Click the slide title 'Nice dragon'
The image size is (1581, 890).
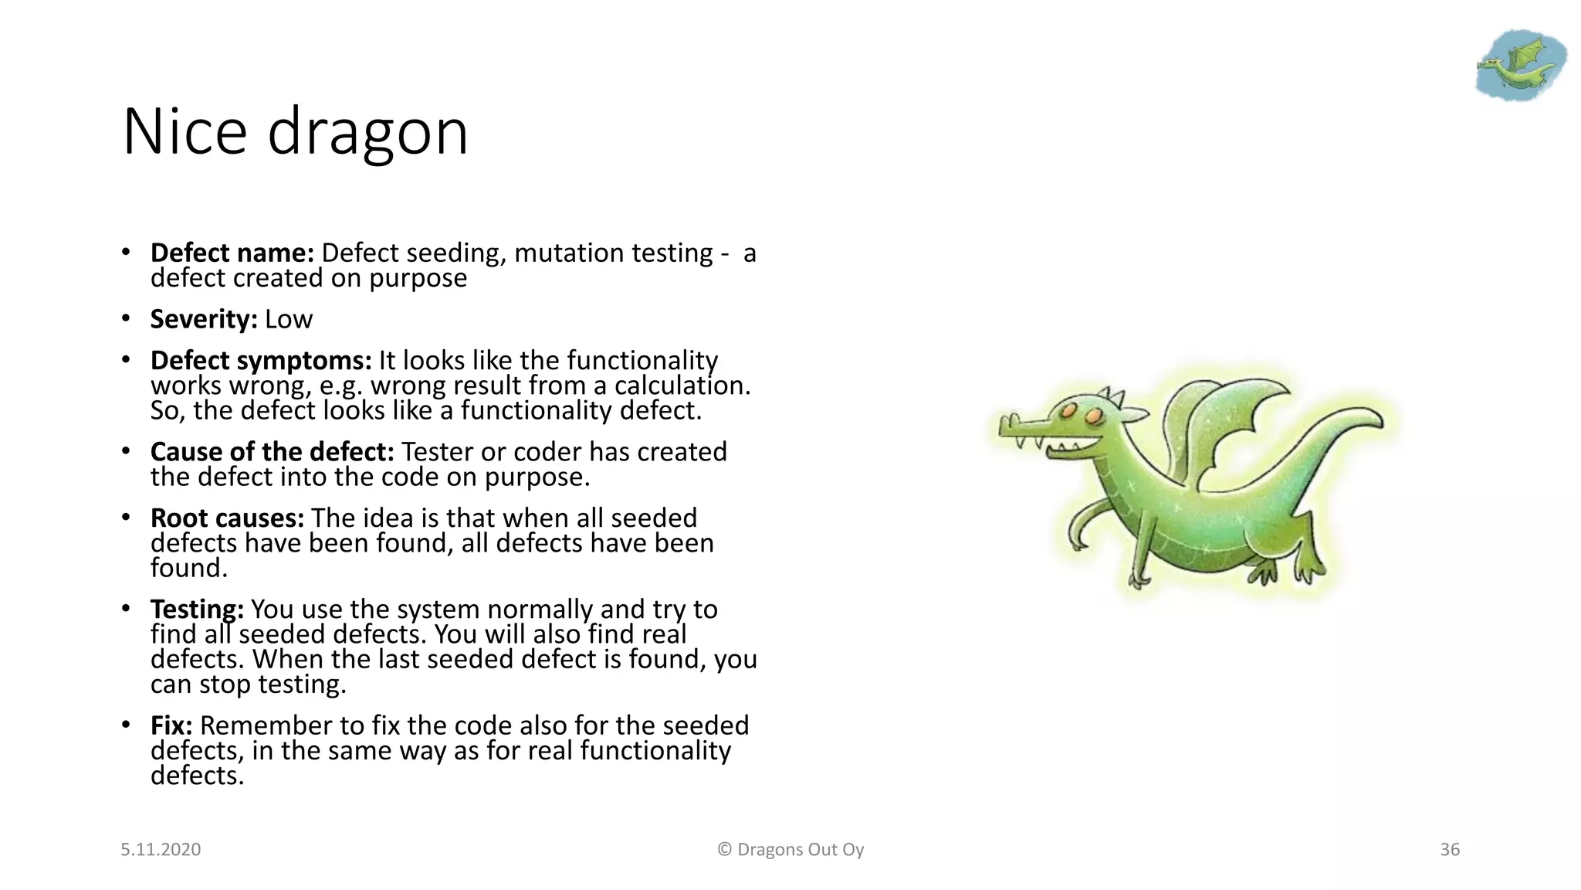point(295,132)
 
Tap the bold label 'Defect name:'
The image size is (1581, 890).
point(232,253)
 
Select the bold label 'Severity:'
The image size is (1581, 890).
point(204,319)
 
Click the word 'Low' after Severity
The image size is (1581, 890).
point(289,319)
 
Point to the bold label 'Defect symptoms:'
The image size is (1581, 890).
point(261,361)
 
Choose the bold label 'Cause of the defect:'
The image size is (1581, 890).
point(272,452)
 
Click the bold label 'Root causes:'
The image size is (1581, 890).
point(227,518)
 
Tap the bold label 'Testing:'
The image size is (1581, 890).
point(197,610)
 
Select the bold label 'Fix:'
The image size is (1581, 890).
point(171,725)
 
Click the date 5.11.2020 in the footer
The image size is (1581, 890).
point(161,850)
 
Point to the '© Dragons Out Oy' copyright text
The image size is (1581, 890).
point(790,850)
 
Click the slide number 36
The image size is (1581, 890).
point(1450,850)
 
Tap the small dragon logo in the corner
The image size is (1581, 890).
point(1519,65)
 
